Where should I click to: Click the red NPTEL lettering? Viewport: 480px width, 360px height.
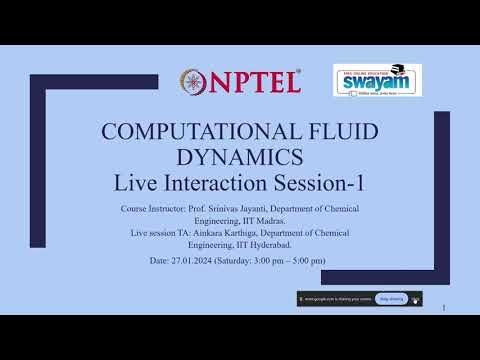click(x=256, y=82)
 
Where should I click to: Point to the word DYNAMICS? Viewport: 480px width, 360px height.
click(x=240, y=158)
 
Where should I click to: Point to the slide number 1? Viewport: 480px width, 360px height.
click(x=443, y=309)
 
